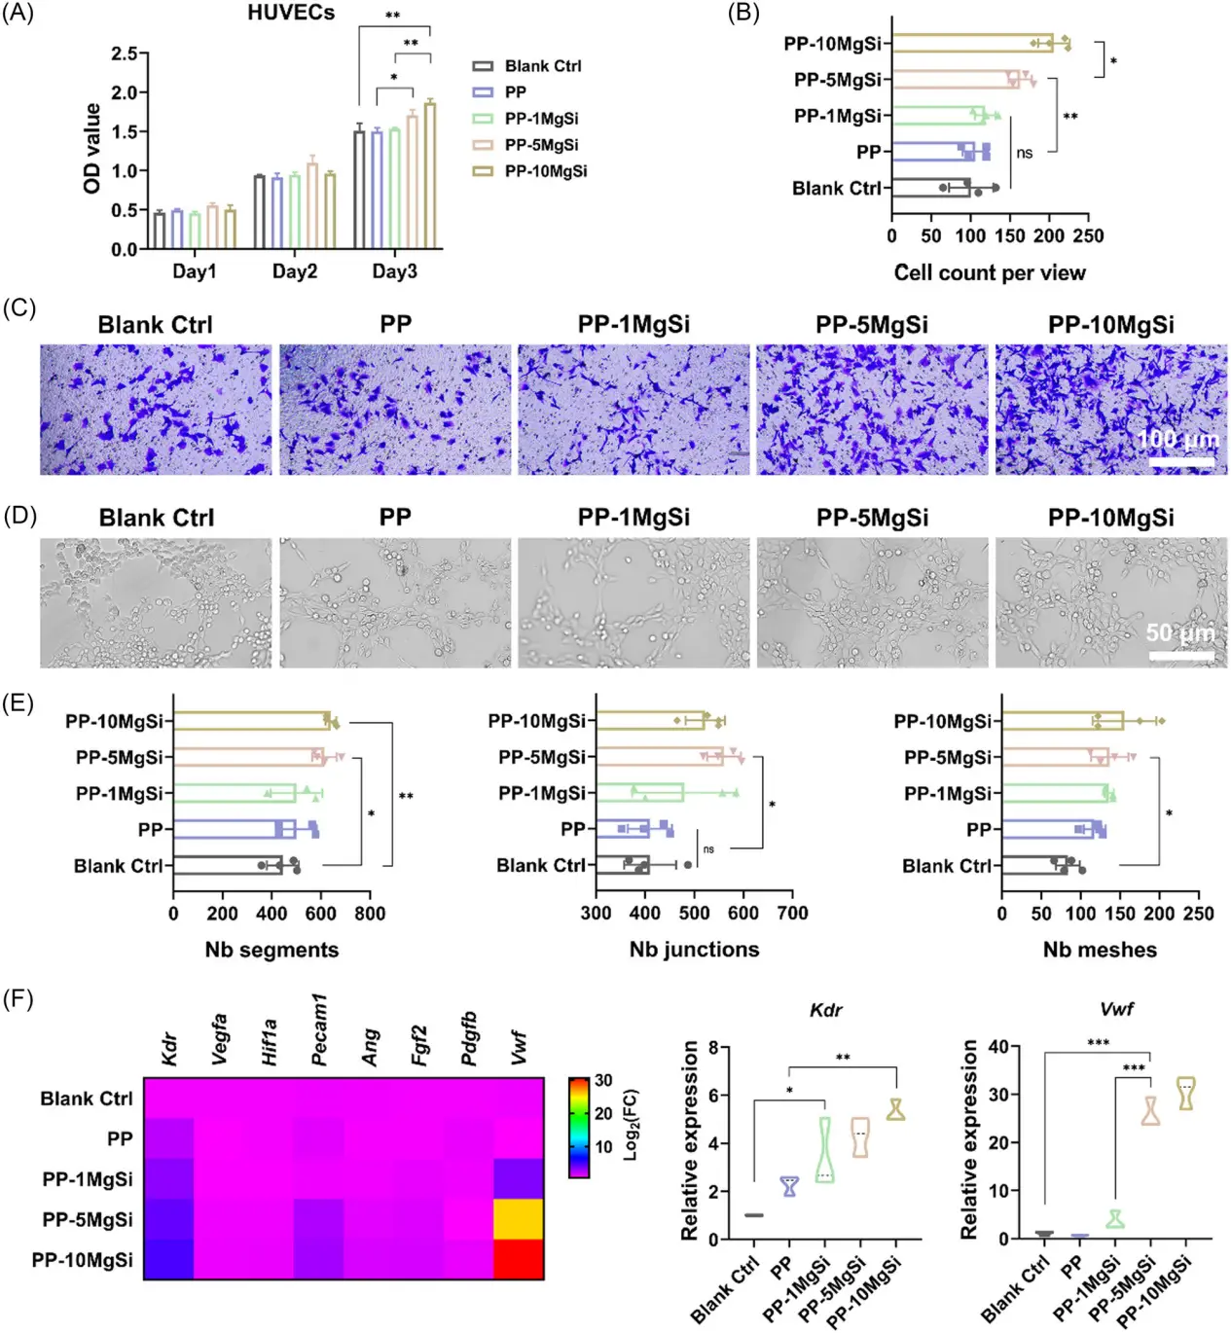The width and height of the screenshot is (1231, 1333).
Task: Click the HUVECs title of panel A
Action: [291, 14]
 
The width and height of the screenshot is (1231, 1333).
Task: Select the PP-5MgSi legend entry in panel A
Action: [541, 145]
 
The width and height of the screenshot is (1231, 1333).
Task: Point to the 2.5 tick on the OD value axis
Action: [124, 54]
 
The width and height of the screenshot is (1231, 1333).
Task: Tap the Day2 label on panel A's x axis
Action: [294, 271]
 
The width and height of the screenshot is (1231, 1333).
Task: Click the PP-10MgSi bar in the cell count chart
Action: [973, 43]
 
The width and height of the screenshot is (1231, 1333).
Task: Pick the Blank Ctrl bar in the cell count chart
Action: [931, 188]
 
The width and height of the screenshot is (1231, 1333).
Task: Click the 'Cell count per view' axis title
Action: [989, 273]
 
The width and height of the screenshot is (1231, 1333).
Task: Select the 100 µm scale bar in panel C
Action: [1181, 462]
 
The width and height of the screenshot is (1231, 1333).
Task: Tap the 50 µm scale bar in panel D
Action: [1181, 655]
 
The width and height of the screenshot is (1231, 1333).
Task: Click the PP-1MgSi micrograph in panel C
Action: [634, 410]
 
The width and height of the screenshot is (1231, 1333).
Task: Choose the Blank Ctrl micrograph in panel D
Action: [156, 602]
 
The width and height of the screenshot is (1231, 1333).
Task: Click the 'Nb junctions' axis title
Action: [694, 950]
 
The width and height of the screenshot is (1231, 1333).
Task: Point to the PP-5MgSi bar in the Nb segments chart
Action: [249, 757]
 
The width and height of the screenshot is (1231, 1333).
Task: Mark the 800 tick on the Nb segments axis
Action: [370, 914]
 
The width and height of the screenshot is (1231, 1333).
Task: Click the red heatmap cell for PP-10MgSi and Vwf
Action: [519, 1260]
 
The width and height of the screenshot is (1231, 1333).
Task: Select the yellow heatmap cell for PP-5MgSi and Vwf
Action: [519, 1219]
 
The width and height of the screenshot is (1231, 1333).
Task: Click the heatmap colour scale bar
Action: [578, 1128]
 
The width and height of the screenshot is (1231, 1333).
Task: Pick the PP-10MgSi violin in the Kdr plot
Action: [895, 1109]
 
